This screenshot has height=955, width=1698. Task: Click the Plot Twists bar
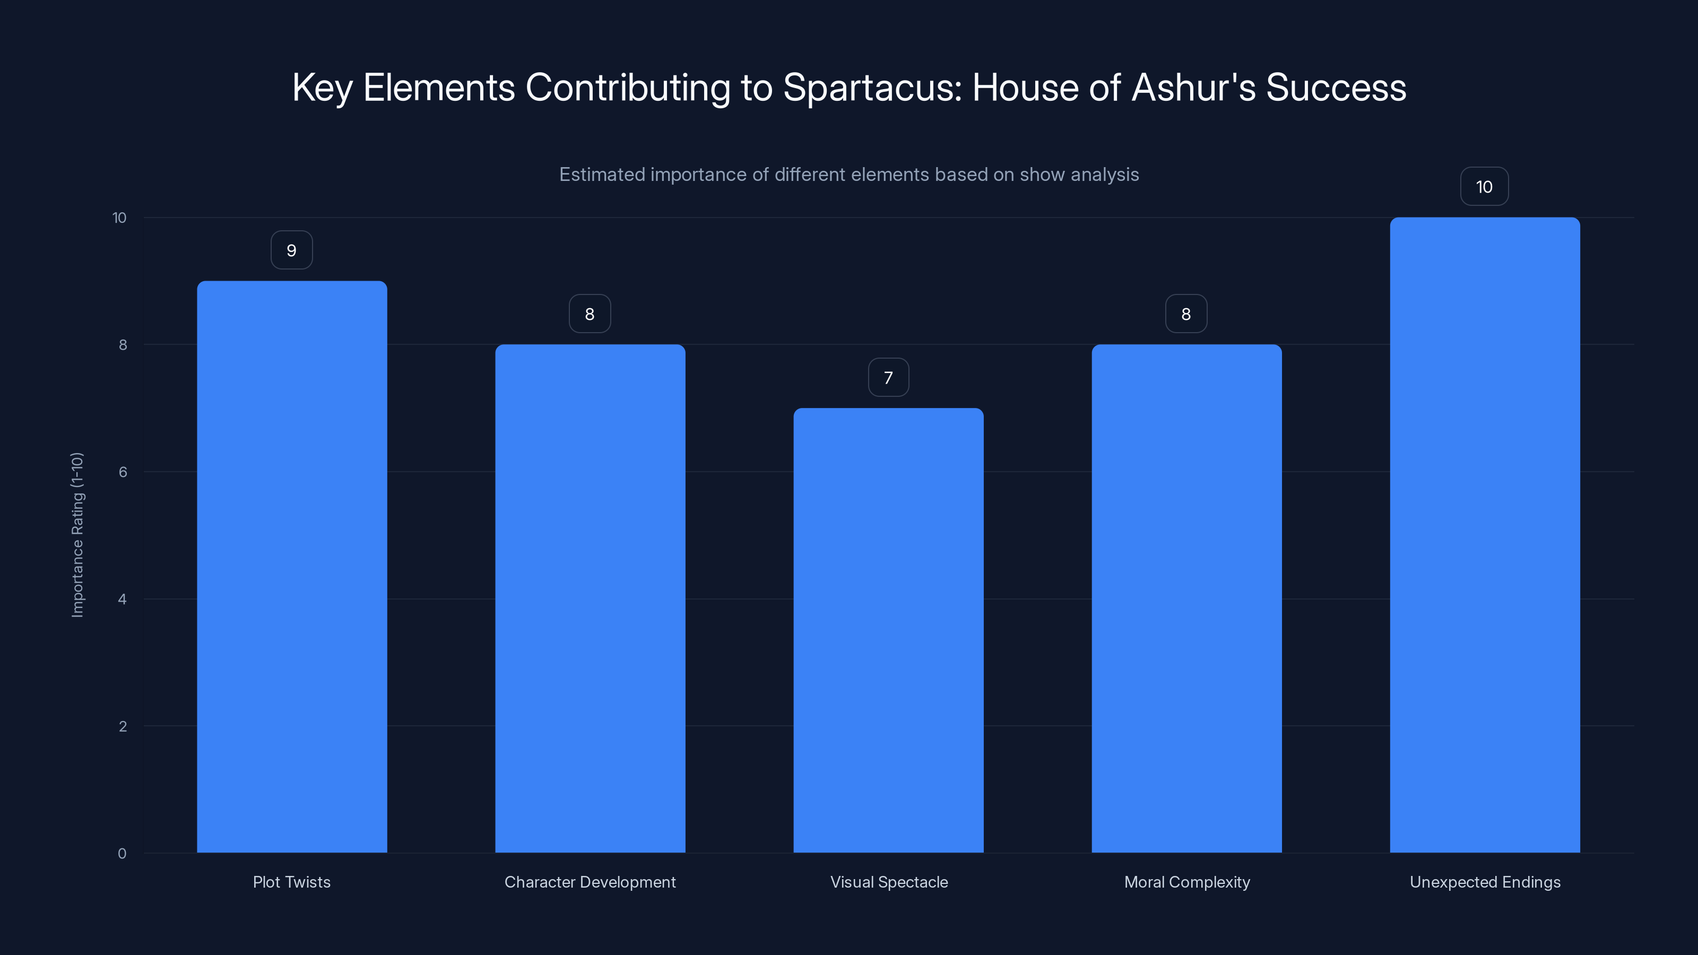click(x=291, y=567)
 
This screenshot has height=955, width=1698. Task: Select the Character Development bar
click(x=590, y=598)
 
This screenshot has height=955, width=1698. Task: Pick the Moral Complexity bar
click(x=1186, y=598)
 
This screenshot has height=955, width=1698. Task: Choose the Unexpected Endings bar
click(x=1485, y=535)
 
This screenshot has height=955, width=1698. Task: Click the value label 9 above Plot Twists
click(x=291, y=250)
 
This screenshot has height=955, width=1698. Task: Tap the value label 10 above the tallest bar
click(x=1484, y=187)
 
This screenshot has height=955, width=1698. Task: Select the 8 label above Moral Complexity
click(x=1186, y=315)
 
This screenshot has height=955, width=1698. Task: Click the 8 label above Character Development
click(x=590, y=315)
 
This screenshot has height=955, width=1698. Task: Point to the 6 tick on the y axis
click(x=123, y=472)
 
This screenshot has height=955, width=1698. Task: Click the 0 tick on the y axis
click(x=122, y=854)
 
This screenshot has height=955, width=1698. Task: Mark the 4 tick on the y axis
click(x=123, y=599)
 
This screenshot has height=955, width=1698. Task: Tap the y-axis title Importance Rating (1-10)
click(x=77, y=534)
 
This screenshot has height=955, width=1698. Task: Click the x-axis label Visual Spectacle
click(x=889, y=882)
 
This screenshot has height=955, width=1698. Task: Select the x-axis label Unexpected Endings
click(x=1485, y=882)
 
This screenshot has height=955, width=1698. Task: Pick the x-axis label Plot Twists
click(x=291, y=882)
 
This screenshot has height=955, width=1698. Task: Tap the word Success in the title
click(x=1336, y=88)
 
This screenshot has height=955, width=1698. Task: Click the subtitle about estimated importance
click(x=848, y=175)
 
